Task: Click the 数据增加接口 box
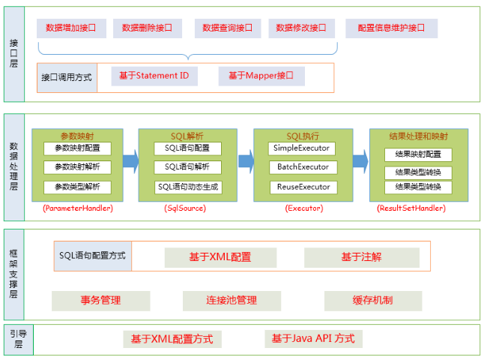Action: tap(71, 28)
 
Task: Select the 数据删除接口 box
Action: tap(148, 28)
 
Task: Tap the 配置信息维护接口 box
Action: tap(391, 28)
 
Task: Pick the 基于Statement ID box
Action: tap(154, 76)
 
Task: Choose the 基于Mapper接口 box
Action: tap(261, 76)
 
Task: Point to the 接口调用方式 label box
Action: tap(67, 77)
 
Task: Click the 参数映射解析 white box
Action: tap(77, 167)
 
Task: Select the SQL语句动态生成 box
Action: tap(188, 187)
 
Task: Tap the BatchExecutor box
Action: tap(303, 167)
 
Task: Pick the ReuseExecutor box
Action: tap(303, 187)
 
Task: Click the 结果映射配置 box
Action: tap(418, 154)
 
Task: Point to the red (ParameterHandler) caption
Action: tap(78, 208)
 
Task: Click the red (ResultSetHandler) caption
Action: tap(411, 208)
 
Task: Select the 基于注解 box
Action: tap(362, 257)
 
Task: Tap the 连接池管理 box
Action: tap(232, 301)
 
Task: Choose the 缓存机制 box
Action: tap(373, 301)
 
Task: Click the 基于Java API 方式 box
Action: tap(313, 339)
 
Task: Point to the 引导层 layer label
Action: tap(19, 339)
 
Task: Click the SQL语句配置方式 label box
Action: tap(93, 256)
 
